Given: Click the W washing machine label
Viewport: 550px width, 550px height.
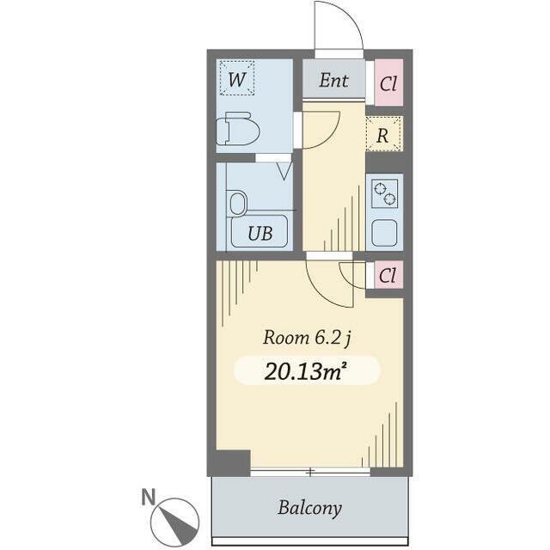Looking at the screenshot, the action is tap(236, 80).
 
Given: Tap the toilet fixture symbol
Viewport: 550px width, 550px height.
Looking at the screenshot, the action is tap(238, 128).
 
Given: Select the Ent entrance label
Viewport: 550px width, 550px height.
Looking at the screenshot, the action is tap(333, 80).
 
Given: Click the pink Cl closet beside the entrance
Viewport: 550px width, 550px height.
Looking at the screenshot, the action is tap(388, 82).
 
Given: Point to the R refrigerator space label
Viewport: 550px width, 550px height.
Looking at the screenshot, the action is tap(382, 136).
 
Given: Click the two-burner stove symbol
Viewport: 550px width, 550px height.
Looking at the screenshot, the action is tap(385, 193).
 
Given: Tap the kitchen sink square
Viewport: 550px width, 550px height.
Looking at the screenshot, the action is tap(384, 233).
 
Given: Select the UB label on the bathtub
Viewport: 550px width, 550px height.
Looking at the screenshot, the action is tap(260, 233).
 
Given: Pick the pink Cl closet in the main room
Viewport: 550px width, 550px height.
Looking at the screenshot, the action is tap(388, 275).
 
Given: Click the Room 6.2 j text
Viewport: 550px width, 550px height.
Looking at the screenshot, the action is tap(307, 338).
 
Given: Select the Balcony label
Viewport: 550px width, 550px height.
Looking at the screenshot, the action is tap(309, 508).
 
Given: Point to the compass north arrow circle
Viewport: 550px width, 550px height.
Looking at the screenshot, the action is tap(174, 521).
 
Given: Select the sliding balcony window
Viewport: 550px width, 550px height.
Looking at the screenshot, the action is tap(310, 472).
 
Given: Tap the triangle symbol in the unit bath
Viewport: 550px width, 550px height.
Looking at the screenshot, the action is tap(284, 171).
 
